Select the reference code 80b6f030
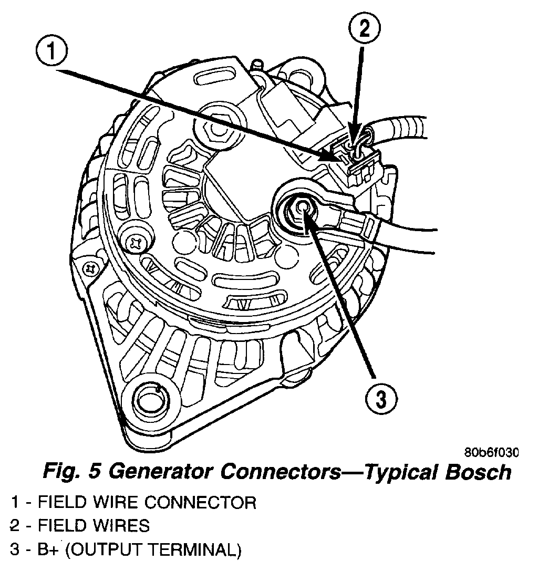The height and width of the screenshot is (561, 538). point(491,452)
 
